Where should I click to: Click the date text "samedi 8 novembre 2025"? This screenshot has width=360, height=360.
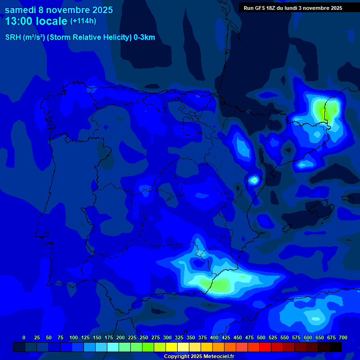tap(59, 10)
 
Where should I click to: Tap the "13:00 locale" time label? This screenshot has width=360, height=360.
tap(36, 21)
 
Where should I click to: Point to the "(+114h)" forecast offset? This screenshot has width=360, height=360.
tap(83, 21)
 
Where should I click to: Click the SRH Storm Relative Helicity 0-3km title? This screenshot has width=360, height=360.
tap(80, 37)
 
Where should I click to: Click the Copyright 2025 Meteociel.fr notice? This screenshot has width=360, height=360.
tap(199, 356)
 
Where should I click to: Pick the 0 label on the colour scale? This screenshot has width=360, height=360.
tap(24, 338)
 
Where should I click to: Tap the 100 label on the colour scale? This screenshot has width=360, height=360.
tap(74, 338)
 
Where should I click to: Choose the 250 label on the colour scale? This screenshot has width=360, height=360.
tap(144, 338)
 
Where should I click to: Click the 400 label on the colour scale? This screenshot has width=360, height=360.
tap(214, 338)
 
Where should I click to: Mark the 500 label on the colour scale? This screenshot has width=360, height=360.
tap(261, 338)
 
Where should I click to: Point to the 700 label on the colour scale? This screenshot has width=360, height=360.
tap(343, 338)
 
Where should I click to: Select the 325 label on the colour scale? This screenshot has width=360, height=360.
tap(179, 338)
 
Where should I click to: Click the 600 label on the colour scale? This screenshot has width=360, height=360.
tap(308, 338)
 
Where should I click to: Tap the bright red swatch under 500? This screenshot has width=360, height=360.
tap(265, 347)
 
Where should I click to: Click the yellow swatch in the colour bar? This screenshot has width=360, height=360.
tap(172, 347)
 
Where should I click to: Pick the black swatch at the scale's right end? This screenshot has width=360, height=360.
tap(336, 347)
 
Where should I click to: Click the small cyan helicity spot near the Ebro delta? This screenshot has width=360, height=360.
tap(254, 180)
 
